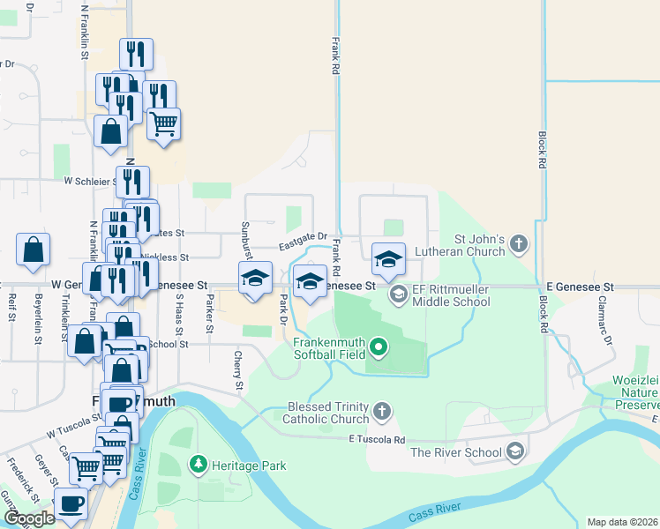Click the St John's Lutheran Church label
coord(479,245)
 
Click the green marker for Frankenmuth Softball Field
coord(379,346)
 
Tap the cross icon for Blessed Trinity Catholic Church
coord(381,410)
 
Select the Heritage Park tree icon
coord(199,462)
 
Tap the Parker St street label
coord(209,315)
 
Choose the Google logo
coord(29,518)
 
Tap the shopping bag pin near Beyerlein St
coord(33,250)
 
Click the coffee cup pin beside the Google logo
coord(71,505)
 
